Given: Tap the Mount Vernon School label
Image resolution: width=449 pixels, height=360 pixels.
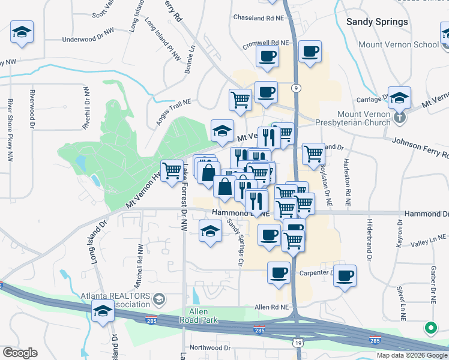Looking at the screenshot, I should coord(398,45).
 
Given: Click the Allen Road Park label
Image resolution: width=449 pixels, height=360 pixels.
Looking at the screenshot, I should coord(199,316).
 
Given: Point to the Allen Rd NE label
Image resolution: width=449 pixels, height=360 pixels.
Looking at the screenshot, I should coord(272,307).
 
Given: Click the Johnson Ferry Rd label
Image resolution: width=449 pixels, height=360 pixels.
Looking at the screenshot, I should coord(420,148).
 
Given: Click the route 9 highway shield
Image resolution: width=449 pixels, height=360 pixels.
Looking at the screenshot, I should coord(296,88).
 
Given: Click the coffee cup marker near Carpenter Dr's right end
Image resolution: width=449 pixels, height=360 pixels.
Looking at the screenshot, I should coord(345,275).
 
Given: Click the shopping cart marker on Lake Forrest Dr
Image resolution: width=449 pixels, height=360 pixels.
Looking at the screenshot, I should coord(172,170).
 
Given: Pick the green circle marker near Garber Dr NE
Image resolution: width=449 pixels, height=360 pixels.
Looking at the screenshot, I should coord(430,328).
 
